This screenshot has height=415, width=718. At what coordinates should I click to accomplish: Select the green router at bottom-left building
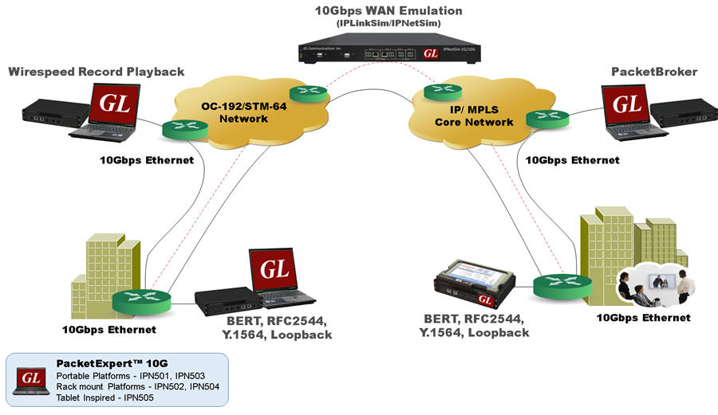click(x=142, y=300)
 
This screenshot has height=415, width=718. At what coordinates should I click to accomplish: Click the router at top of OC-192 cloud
click(x=308, y=93)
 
